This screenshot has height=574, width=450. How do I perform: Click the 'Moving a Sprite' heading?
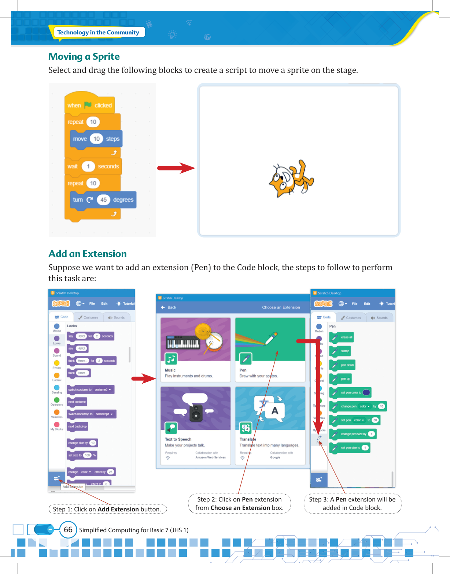point(84,57)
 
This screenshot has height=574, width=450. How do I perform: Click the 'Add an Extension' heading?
point(88,254)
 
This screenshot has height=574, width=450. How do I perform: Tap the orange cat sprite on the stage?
point(291,179)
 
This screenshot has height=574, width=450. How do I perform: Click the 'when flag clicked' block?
point(90,105)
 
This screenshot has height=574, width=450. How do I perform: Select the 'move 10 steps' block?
point(96,139)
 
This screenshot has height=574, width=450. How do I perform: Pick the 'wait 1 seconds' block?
point(93,167)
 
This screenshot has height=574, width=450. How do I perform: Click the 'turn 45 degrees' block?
point(103,200)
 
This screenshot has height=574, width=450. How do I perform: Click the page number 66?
point(68,530)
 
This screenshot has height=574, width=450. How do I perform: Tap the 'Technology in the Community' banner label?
point(98,32)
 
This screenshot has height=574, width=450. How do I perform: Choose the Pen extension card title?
point(243,370)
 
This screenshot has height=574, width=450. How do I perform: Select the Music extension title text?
point(170,370)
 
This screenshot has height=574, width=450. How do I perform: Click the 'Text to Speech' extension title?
point(178,439)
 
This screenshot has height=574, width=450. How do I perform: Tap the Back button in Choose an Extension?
point(169,307)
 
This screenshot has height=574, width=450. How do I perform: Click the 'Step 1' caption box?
point(107,509)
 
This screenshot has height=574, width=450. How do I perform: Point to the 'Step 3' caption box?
point(352,503)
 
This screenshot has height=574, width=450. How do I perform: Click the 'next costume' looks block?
point(77,402)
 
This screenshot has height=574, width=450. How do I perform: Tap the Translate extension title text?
point(248,439)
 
